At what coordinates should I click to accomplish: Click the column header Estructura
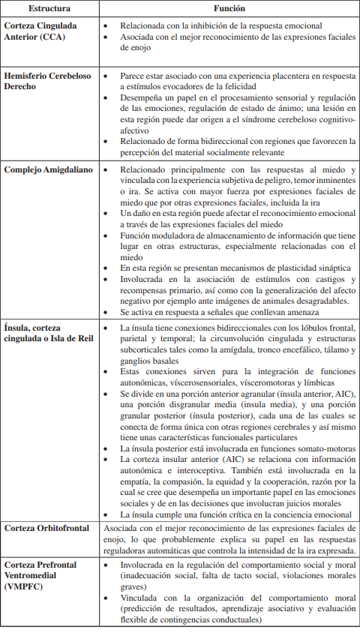(49, 9)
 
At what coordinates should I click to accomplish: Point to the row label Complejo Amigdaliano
(48, 169)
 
